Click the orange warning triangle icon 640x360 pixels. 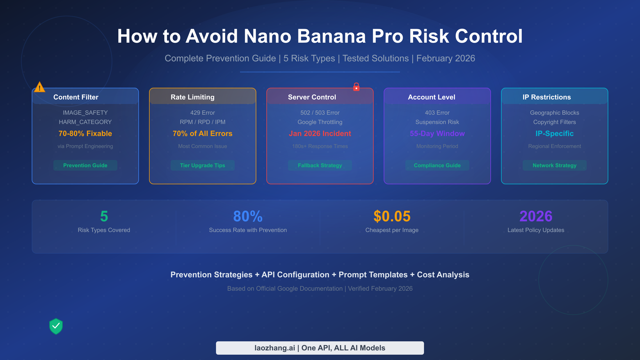pos(39,87)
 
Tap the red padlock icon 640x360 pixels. pos(356,87)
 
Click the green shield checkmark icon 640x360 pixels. pos(56,326)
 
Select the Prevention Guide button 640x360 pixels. pos(85,165)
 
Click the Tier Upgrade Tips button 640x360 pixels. pos(203,165)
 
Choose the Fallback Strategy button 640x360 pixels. pos(320,165)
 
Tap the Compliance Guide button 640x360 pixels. pos(437,165)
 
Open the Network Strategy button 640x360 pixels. pos(554,165)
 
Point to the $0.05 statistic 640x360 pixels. pos(392,216)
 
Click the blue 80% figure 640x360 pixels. pos(248,216)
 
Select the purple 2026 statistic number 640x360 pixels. pos(536,216)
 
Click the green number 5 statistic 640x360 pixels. pos(104,216)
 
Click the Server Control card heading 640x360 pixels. pos(312,97)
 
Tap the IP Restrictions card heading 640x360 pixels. pos(547,97)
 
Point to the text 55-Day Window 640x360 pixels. pos(437,133)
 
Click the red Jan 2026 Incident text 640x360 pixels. pos(320,133)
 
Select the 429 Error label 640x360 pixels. pos(203,113)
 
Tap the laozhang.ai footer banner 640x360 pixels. pos(320,348)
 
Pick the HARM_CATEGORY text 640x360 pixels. pos(85,122)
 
